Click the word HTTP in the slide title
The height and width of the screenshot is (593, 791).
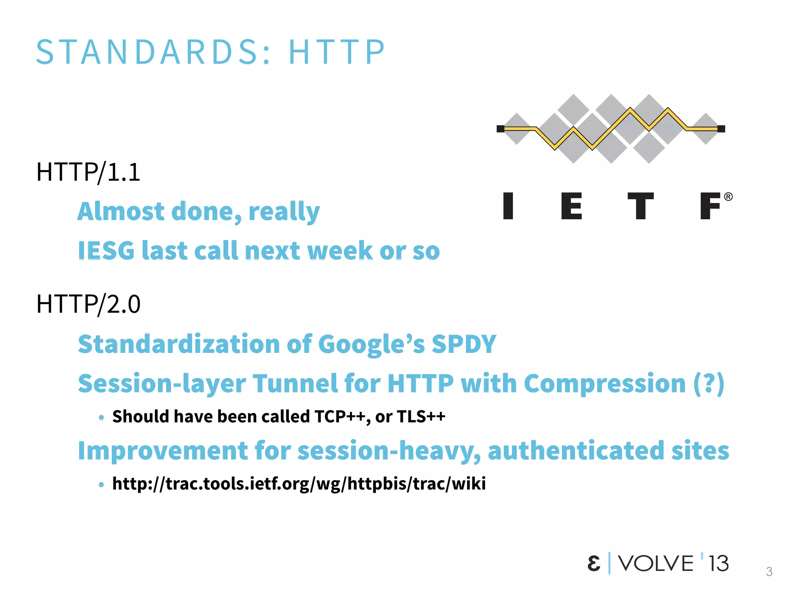click(337, 52)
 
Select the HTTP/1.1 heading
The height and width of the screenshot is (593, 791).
click(88, 172)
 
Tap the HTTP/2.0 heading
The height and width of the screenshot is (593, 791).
click(88, 304)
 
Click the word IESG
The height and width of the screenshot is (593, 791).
click(106, 251)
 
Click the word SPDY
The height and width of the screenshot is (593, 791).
click(463, 344)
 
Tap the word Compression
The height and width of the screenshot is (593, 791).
click(604, 384)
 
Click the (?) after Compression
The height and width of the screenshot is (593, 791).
click(709, 384)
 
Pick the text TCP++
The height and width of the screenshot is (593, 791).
click(339, 417)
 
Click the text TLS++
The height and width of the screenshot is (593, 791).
click(421, 417)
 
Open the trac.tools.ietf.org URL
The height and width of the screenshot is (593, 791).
click(299, 484)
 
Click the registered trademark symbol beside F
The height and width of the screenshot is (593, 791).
click(728, 197)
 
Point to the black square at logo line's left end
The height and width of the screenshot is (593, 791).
click(501, 129)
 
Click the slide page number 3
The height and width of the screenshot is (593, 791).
click(769, 571)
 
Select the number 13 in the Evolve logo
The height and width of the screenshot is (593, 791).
click(718, 564)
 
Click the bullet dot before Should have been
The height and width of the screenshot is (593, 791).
click(101, 417)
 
